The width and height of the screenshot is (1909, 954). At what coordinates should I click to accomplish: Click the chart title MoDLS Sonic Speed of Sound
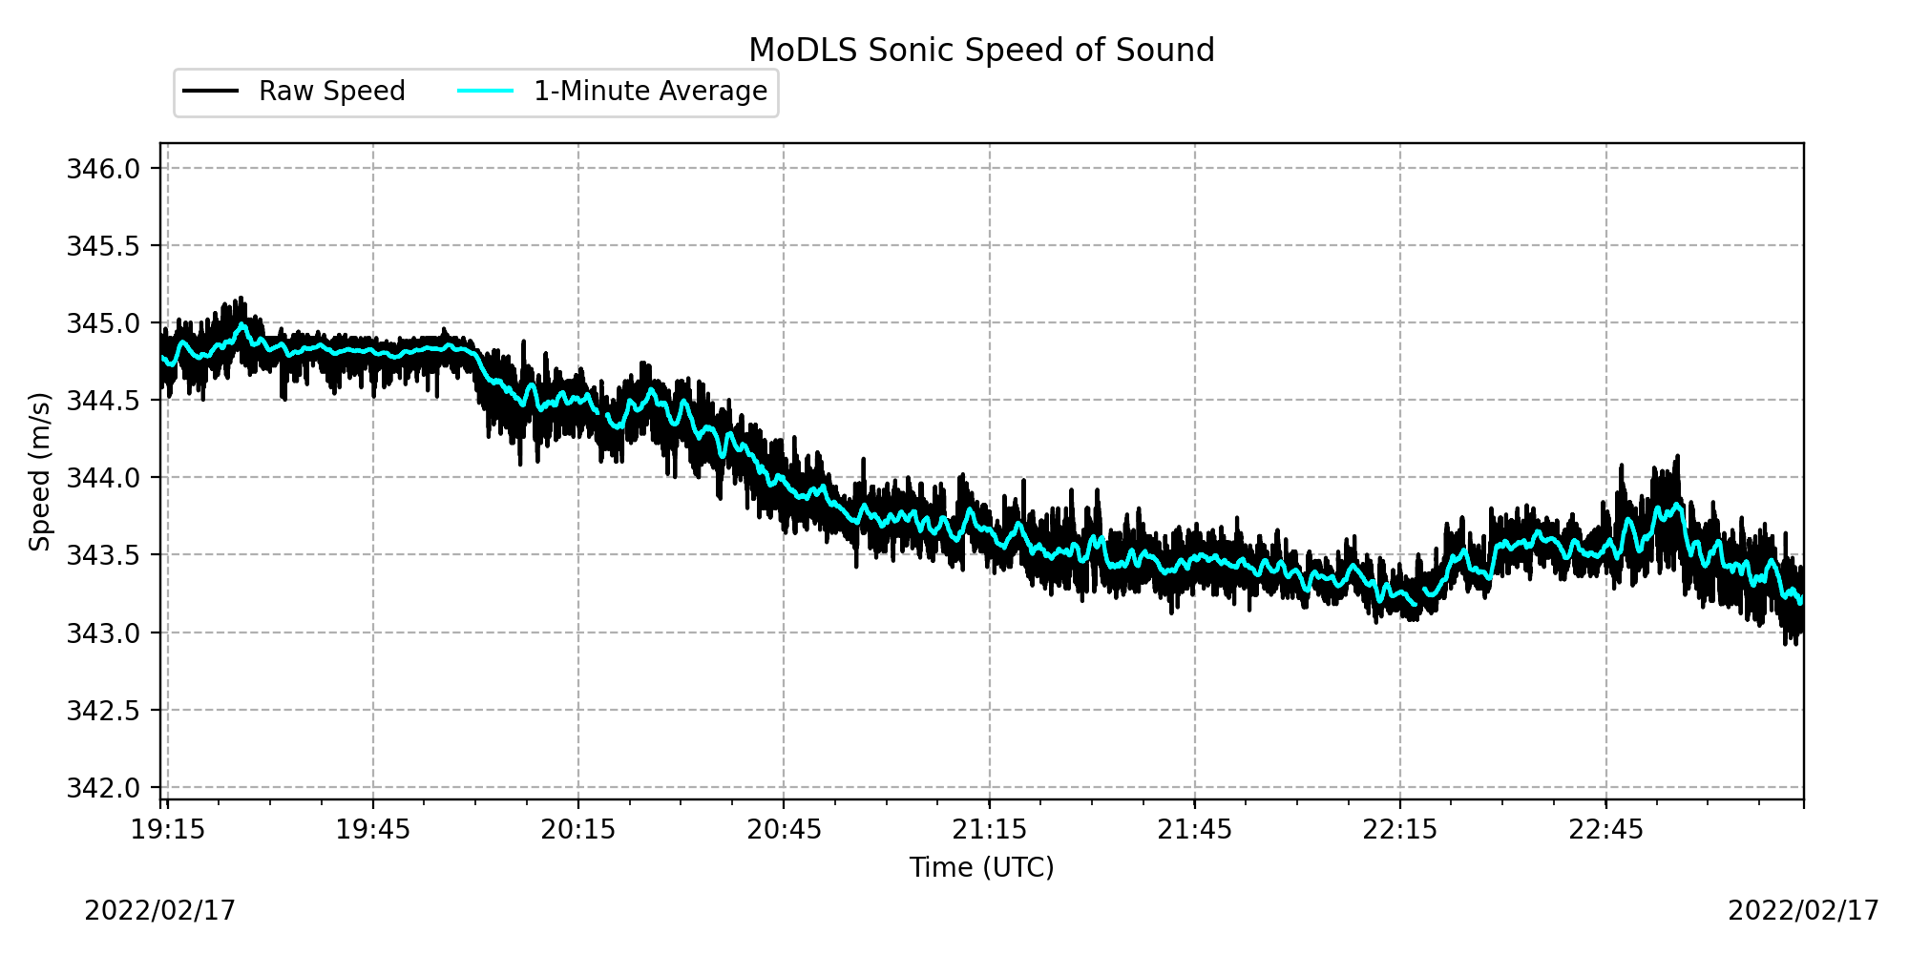point(981,50)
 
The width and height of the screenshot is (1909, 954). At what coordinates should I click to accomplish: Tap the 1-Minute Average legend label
point(650,92)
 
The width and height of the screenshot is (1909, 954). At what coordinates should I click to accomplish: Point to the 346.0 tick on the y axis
point(103,169)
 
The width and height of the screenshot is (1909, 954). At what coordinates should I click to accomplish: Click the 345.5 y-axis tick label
point(103,246)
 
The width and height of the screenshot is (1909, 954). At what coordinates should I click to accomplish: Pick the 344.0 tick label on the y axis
point(103,478)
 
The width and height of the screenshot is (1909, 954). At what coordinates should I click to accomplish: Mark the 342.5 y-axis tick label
point(103,711)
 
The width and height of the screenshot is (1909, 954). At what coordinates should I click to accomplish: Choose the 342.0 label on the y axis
point(103,788)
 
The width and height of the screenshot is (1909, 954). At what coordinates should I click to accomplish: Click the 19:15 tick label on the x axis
point(167,830)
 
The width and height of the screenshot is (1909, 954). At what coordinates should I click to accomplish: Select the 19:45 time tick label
point(372,830)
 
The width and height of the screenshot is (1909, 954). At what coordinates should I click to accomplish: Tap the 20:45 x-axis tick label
point(784,830)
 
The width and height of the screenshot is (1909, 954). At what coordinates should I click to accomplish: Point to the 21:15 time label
point(989,830)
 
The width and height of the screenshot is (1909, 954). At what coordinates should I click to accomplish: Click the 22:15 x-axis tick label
point(1400,830)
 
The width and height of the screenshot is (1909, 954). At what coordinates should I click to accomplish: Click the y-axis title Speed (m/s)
point(40,471)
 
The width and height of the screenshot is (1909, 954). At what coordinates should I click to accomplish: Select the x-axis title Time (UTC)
point(981,867)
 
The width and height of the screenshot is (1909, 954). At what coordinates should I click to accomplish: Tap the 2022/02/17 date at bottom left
point(159,911)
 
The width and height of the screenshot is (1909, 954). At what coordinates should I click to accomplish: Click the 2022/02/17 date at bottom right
point(1803,911)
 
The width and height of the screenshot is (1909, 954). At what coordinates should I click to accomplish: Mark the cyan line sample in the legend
point(486,92)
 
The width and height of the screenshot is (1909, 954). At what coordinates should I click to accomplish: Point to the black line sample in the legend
point(211,92)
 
